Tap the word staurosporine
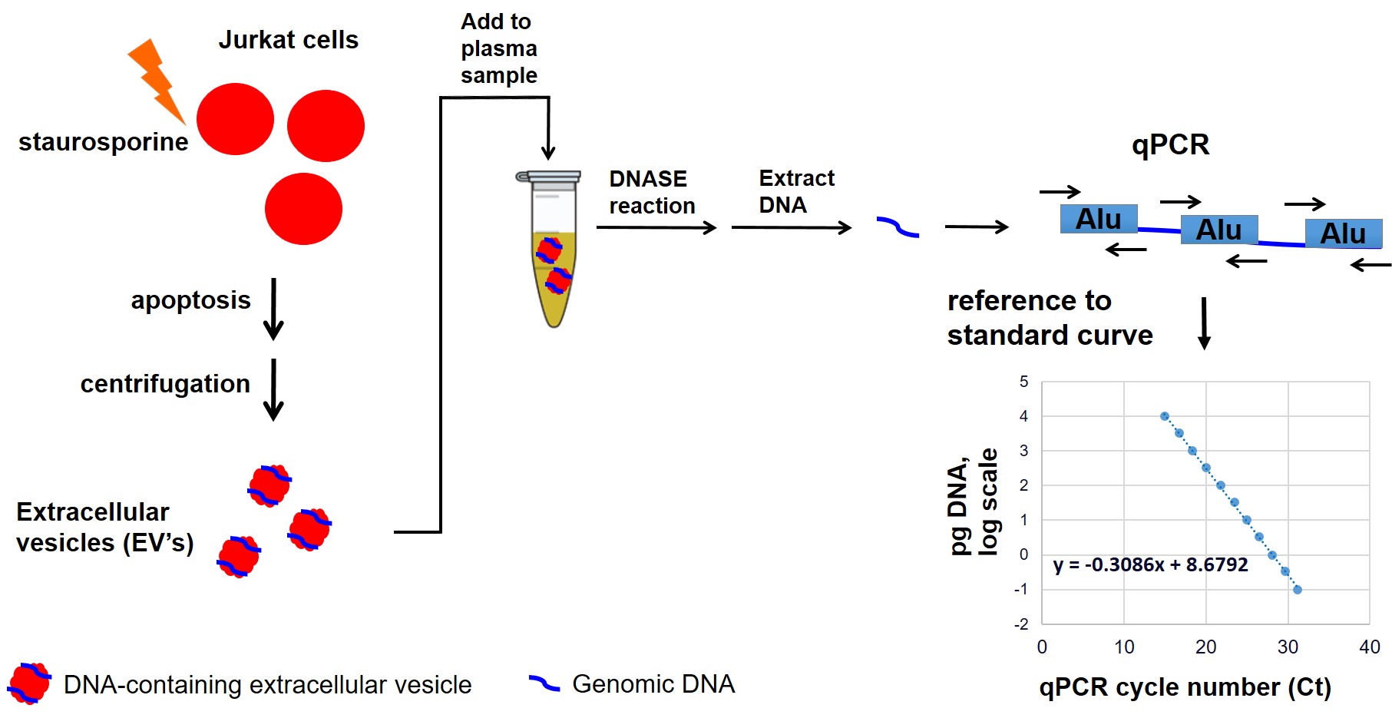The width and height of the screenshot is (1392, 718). [x=103, y=142]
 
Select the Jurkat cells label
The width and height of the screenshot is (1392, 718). [x=288, y=40]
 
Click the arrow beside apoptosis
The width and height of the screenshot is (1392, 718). [x=273, y=309]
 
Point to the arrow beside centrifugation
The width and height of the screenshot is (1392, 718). [x=273, y=389]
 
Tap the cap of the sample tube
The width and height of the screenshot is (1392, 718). [x=548, y=177]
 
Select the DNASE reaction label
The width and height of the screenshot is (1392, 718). [x=651, y=192]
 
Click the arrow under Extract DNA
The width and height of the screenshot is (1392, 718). [x=791, y=227]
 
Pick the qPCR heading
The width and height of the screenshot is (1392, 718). [x=1170, y=144]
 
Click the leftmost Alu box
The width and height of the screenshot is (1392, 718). [x=1098, y=219]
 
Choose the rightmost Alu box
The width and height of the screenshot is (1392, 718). [x=1343, y=233]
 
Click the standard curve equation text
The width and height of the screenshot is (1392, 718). [x=1150, y=565]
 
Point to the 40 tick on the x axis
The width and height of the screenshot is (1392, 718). [x=1369, y=647]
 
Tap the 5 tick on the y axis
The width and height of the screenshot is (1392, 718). [x=1023, y=382]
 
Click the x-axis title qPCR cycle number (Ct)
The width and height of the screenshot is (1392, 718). [x=1184, y=687]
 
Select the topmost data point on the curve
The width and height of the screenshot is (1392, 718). [x=1164, y=416]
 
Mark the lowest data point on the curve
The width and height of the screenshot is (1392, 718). [x=1298, y=590]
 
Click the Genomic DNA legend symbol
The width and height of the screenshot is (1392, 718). [x=544, y=683]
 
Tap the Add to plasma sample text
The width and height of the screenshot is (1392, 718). [x=498, y=48]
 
